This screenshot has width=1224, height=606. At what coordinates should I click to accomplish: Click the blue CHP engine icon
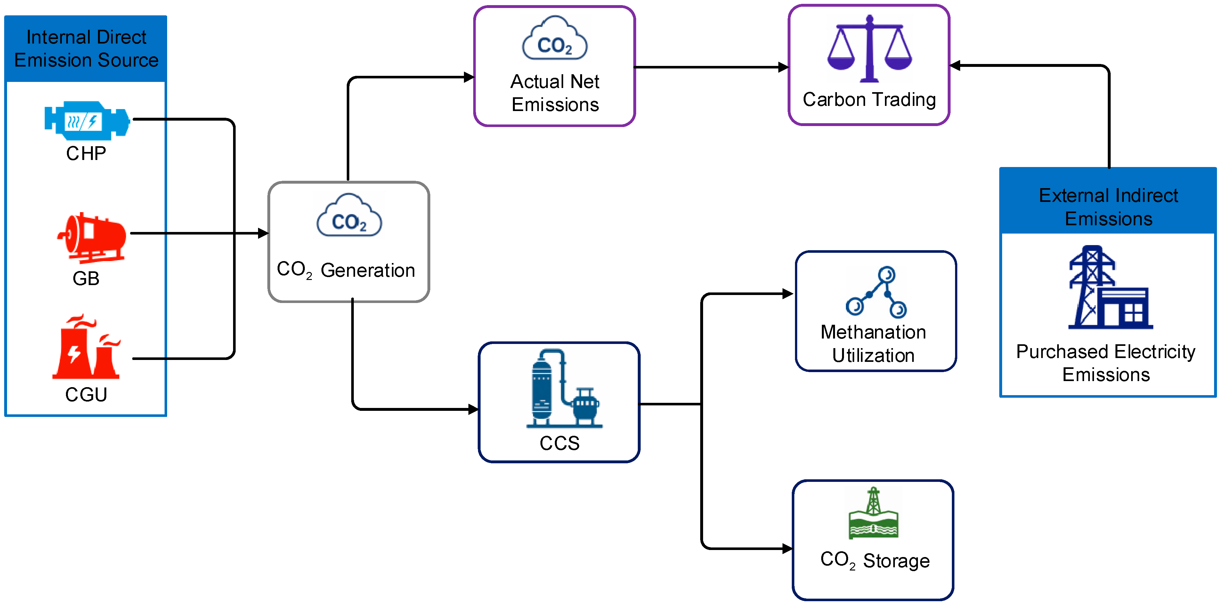[87, 121]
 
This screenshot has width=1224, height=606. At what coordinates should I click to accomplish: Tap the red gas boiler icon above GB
[92, 237]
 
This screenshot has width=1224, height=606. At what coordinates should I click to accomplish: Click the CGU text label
[86, 395]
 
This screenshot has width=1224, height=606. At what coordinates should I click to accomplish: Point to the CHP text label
[86, 153]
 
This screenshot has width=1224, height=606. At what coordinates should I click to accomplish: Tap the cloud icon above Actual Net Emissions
[555, 38]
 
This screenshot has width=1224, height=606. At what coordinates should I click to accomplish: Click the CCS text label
[559, 443]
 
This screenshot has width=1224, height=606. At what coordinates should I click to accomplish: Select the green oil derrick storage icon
[873, 513]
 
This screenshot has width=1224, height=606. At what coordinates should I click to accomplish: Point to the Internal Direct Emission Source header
[86, 48]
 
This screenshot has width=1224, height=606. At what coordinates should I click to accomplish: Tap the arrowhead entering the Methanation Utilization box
[788, 294]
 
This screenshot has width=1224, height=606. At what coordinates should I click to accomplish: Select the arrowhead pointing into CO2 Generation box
[263, 233]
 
